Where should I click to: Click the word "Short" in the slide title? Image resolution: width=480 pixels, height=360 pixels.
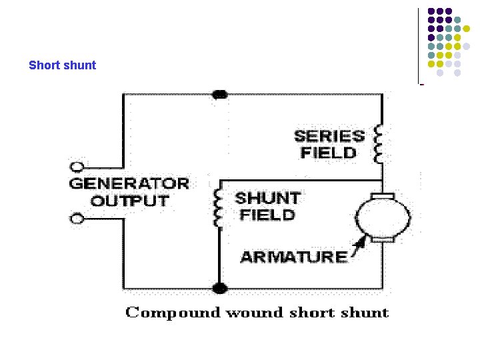pos(44,65)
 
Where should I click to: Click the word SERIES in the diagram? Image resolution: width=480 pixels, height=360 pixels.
pos(329,136)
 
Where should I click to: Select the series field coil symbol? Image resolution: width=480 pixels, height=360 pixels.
pos(379,144)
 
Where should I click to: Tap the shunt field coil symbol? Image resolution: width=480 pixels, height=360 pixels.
pos(217,207)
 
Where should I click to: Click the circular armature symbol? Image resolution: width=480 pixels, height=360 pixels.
pos(383,217)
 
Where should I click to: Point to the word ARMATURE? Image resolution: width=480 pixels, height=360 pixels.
pos(293,257)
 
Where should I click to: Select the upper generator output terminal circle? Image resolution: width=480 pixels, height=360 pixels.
pos(77,167)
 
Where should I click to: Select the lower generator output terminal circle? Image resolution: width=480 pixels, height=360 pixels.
pos(77,218)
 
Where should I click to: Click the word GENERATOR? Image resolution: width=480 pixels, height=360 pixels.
pos(129,183)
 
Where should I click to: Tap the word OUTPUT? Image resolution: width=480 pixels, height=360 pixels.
pos(129,201)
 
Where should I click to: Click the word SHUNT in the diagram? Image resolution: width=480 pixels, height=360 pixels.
pos(267,198)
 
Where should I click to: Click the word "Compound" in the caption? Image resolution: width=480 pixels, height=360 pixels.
pos(173,313)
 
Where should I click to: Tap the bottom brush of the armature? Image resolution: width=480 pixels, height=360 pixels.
pos(383,239)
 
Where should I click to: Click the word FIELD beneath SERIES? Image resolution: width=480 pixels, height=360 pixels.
pos(329,153)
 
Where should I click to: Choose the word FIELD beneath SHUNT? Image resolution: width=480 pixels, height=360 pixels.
pos(267,215)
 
